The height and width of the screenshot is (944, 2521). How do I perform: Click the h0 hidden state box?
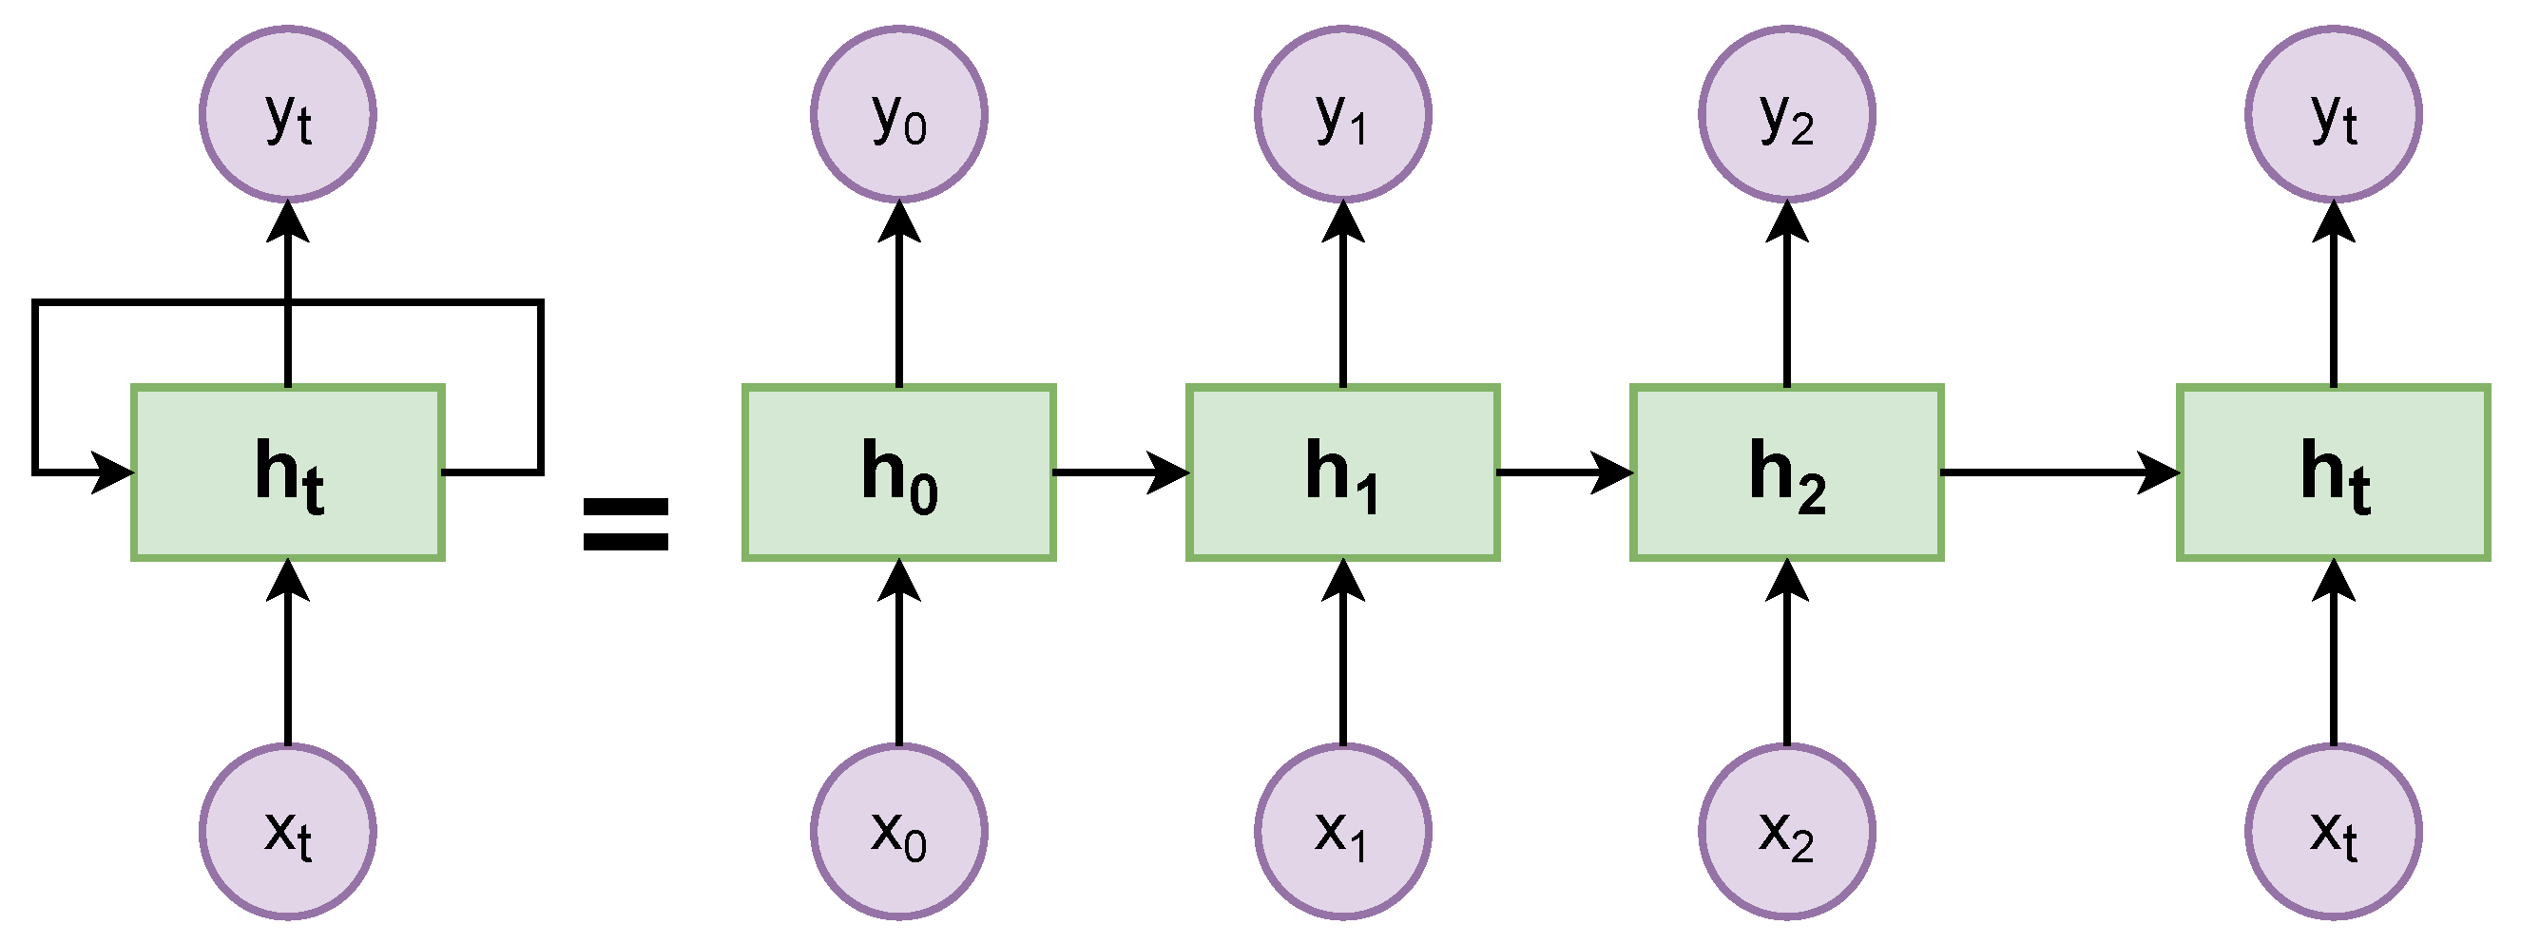tap(898, 472)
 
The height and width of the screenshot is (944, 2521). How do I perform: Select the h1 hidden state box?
tap(1342, 472)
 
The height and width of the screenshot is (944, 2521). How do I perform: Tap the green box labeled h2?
tap(1786, 472)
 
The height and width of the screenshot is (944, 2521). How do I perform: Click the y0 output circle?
tap(898, 114)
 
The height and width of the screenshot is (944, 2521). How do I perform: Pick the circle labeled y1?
tap(1342, 114)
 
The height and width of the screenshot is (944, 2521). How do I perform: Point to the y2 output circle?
tap(1786, 114)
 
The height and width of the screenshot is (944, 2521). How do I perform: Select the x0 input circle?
tap(898, 832)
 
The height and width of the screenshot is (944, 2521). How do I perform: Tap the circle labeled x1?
tap(1342, 832)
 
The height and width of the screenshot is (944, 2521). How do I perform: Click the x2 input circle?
tap(1786, 832)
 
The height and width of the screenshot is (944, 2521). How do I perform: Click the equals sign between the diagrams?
tap(625, 525)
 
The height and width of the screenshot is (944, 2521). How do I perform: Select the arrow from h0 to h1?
tap(1121, 472)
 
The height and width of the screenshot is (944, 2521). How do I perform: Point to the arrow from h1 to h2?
tap(1564, 472)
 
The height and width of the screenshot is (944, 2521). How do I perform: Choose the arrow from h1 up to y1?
tap(1342, 294)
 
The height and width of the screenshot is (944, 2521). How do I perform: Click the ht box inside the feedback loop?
tap(288, 472)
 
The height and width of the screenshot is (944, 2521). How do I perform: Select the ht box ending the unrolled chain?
tap(2333, 472)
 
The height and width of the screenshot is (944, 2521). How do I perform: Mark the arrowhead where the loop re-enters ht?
tap(113, 472)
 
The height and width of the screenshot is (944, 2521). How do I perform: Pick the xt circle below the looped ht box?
tap(288, 832)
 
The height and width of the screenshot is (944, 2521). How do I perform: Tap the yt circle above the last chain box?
tap(2333, 114)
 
